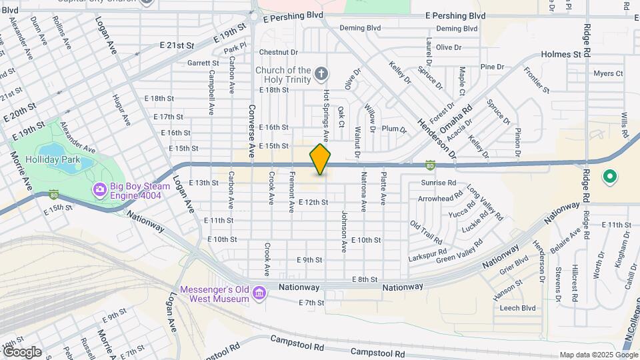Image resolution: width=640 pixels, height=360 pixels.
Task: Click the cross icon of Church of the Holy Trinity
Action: pos(321,73)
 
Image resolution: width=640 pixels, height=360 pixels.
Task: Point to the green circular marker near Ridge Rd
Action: pos(609,177)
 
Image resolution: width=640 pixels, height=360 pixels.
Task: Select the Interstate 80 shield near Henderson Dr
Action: pos(431,165)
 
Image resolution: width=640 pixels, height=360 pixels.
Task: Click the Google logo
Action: pos(22,352)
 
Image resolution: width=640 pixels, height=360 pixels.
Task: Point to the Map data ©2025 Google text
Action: pos(598,355)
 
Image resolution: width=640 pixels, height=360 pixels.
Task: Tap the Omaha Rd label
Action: pos(459,115)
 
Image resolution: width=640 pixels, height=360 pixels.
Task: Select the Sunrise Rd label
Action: pos(438,183)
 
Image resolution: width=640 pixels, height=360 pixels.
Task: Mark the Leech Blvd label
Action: pos(518,308)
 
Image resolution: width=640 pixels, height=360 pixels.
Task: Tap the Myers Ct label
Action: pos(607,73)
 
